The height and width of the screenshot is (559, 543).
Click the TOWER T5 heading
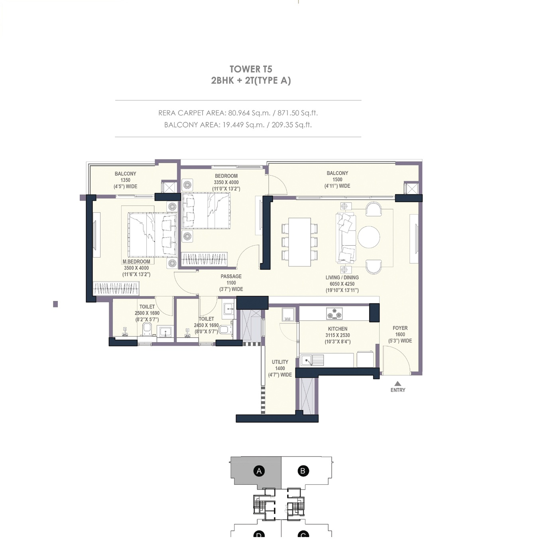251,69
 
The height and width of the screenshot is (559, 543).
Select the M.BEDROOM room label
136,262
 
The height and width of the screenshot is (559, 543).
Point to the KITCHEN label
337,329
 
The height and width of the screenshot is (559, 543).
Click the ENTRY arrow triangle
397,384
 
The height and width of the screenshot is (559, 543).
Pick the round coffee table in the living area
369,237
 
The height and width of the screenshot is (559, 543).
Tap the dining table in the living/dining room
299,242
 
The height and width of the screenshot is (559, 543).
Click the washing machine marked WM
288,314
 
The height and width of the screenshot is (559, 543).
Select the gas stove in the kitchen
334,313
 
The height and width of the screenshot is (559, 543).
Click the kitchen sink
308,361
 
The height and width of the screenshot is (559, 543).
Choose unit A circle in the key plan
259,471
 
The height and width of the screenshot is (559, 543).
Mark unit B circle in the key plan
303,471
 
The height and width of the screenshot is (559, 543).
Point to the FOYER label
400,328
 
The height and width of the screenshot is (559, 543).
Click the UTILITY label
280,362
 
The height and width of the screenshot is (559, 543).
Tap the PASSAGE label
231,276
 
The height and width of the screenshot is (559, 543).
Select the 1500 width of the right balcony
337,179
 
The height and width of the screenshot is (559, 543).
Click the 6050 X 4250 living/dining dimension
342,284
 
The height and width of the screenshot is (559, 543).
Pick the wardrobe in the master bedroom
116,288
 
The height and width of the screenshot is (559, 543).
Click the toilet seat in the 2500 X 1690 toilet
147,329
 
